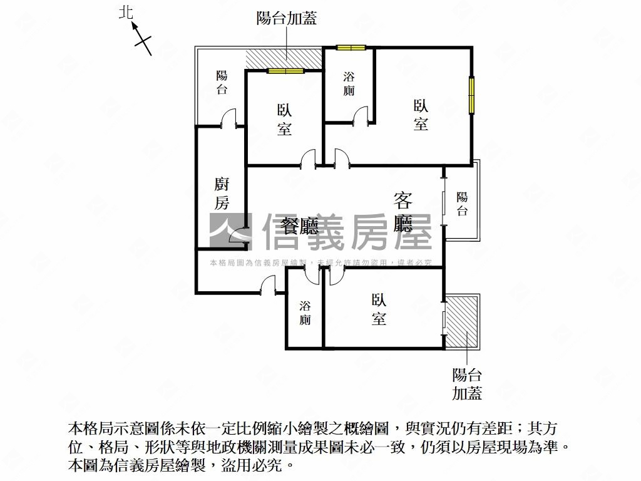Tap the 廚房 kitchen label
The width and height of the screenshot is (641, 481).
(222, 194)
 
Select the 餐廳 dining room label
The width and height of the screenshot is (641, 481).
(300, 226)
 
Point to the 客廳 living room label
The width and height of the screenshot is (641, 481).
(403, 212)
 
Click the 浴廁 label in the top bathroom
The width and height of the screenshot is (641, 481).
(349, 84)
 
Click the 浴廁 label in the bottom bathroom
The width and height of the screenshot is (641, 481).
(305, 313)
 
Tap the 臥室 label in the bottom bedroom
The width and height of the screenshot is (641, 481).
(379, 309)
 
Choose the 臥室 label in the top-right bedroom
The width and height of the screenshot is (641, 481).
(421, 115)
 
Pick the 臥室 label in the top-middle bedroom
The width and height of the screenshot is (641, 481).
(284, 120)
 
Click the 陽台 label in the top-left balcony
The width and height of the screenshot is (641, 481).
(222, 83)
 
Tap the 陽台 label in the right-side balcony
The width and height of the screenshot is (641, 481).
(462, 204)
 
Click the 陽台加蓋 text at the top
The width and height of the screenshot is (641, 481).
(287, 18)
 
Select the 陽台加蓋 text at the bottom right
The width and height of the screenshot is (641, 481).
(467, 384)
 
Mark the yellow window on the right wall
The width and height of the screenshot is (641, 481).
(471, 95)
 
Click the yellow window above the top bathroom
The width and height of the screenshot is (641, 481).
(351, 47)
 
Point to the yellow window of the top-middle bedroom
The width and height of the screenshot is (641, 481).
(285, 71)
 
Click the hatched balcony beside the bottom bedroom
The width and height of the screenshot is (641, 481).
(463, 322)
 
